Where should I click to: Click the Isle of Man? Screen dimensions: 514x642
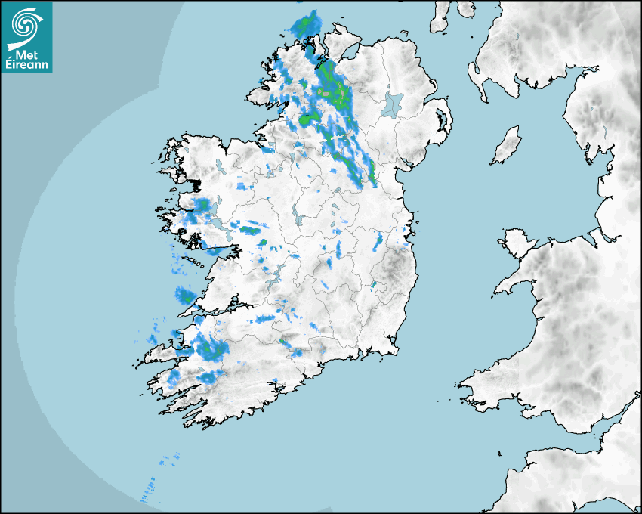point(507,145)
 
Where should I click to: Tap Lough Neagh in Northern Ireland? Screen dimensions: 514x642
point(392,104)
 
